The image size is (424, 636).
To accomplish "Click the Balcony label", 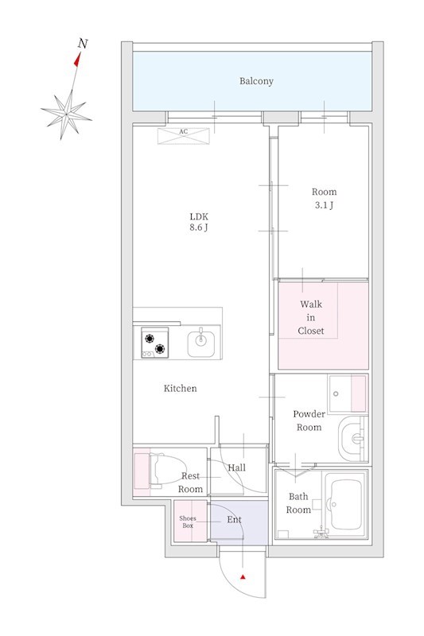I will [256, 81].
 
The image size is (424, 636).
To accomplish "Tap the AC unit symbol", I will [183, 136].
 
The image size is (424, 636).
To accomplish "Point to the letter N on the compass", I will [82, 44].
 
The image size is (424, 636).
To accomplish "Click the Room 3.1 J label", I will [323, 198].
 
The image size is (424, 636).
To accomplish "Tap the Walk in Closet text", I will [311, 318].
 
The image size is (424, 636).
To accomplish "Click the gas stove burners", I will [155, 343].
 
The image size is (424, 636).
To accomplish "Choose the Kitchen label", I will [181, 389].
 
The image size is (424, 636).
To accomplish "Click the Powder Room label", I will [309, 421].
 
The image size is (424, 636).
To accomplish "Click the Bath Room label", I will [298, 504].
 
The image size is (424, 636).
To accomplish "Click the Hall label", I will [236, 468].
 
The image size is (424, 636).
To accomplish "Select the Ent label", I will [234, 520].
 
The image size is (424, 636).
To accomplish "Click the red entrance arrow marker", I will [243, 576].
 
